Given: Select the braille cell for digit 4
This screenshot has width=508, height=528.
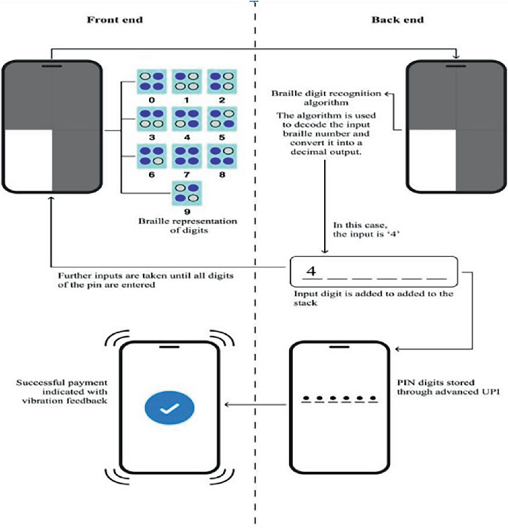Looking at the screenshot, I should tap(184, 118).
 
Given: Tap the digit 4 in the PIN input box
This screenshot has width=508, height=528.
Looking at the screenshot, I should tap(312, 271).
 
